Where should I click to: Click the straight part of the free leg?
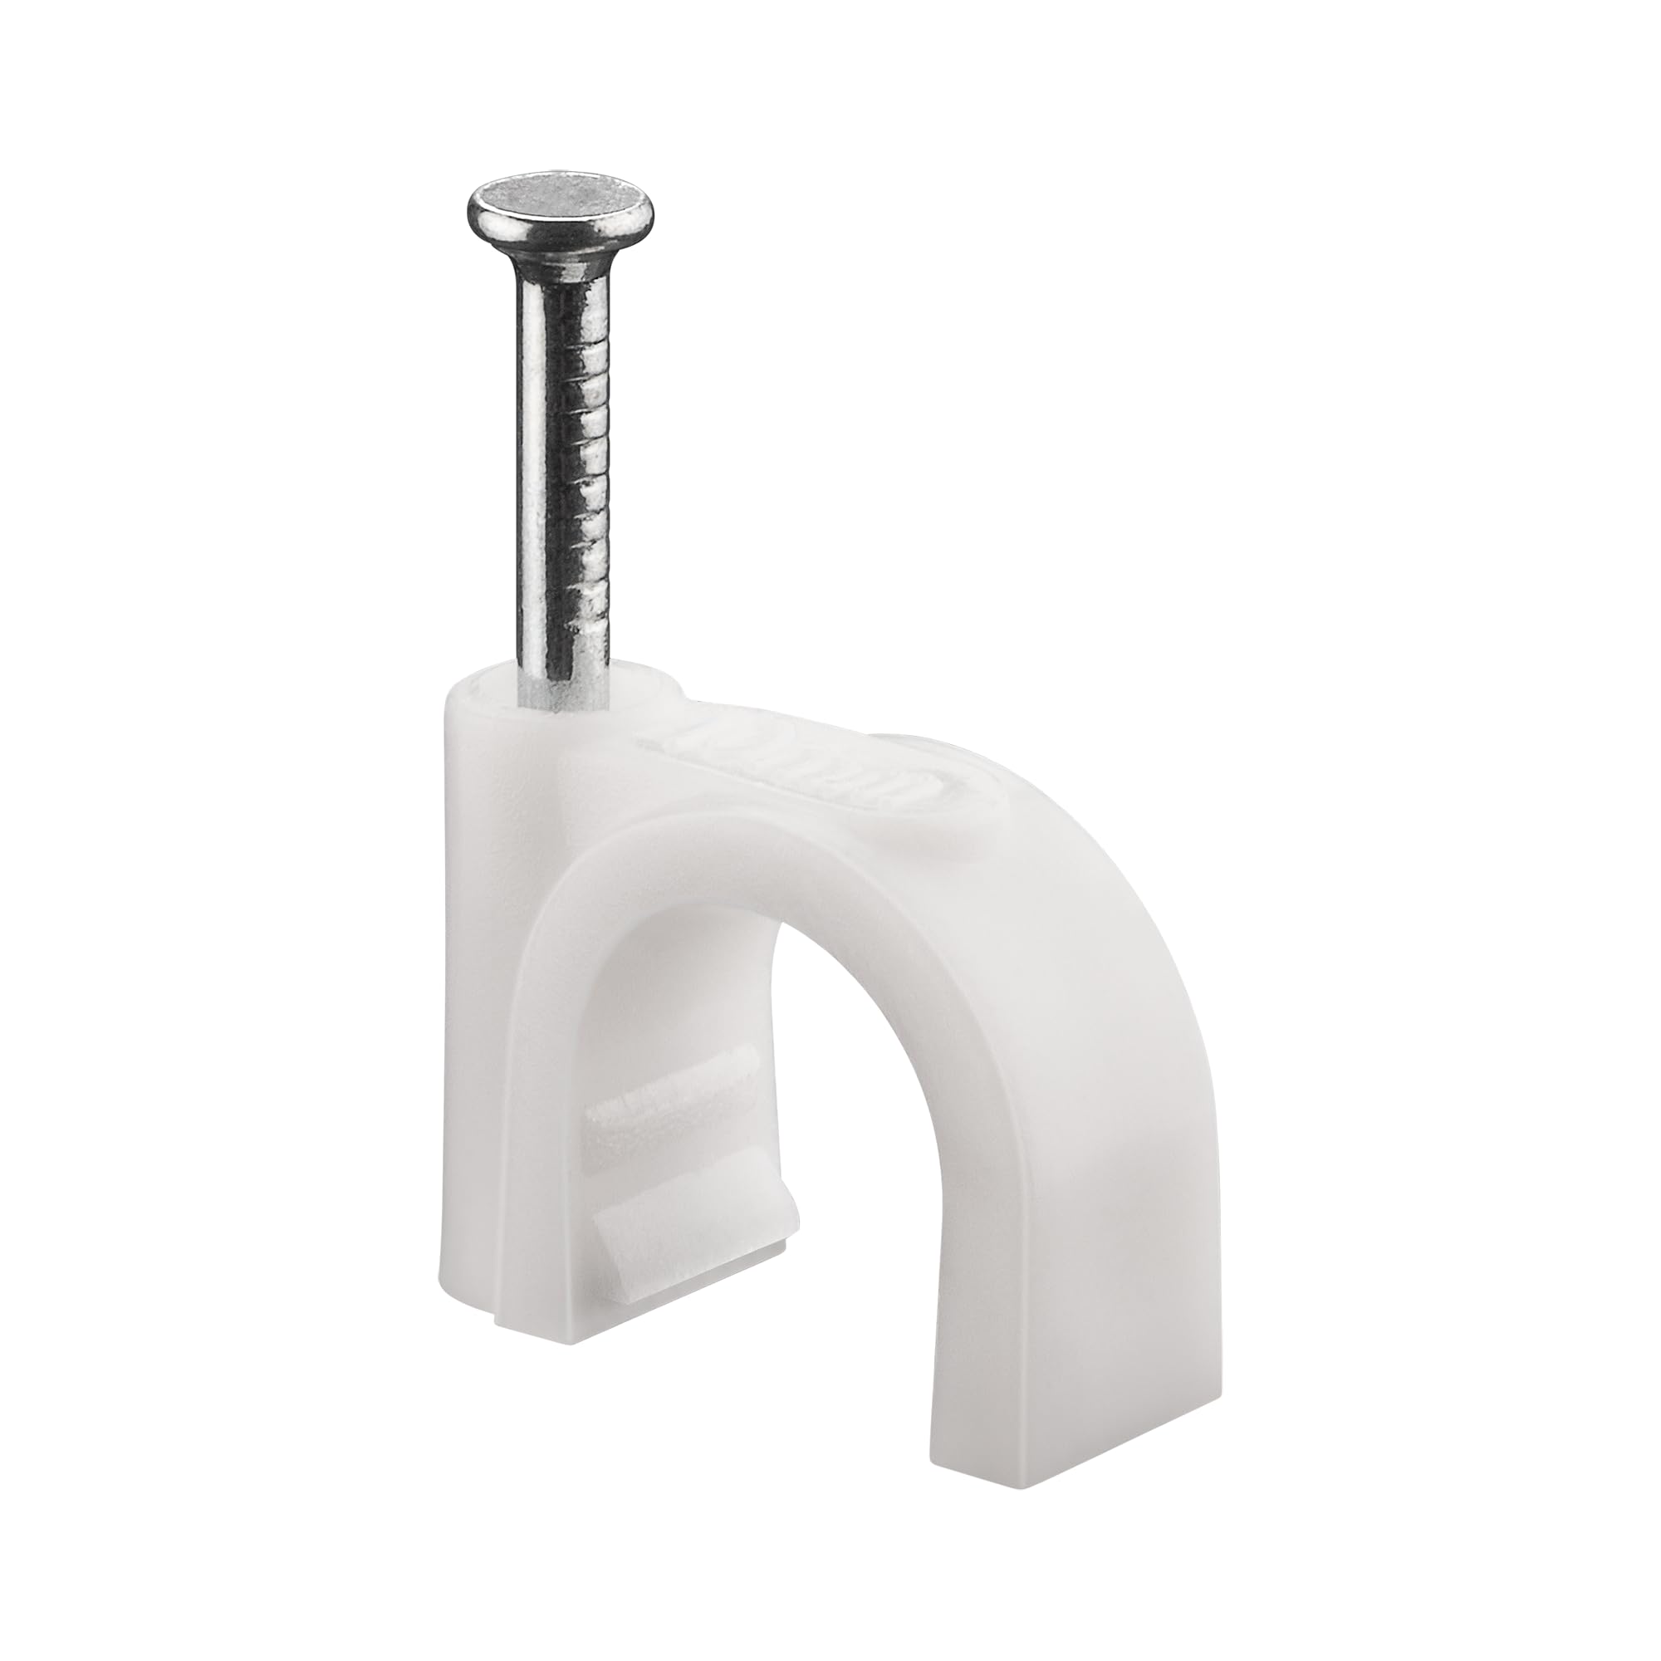(x=1057, y=1247)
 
